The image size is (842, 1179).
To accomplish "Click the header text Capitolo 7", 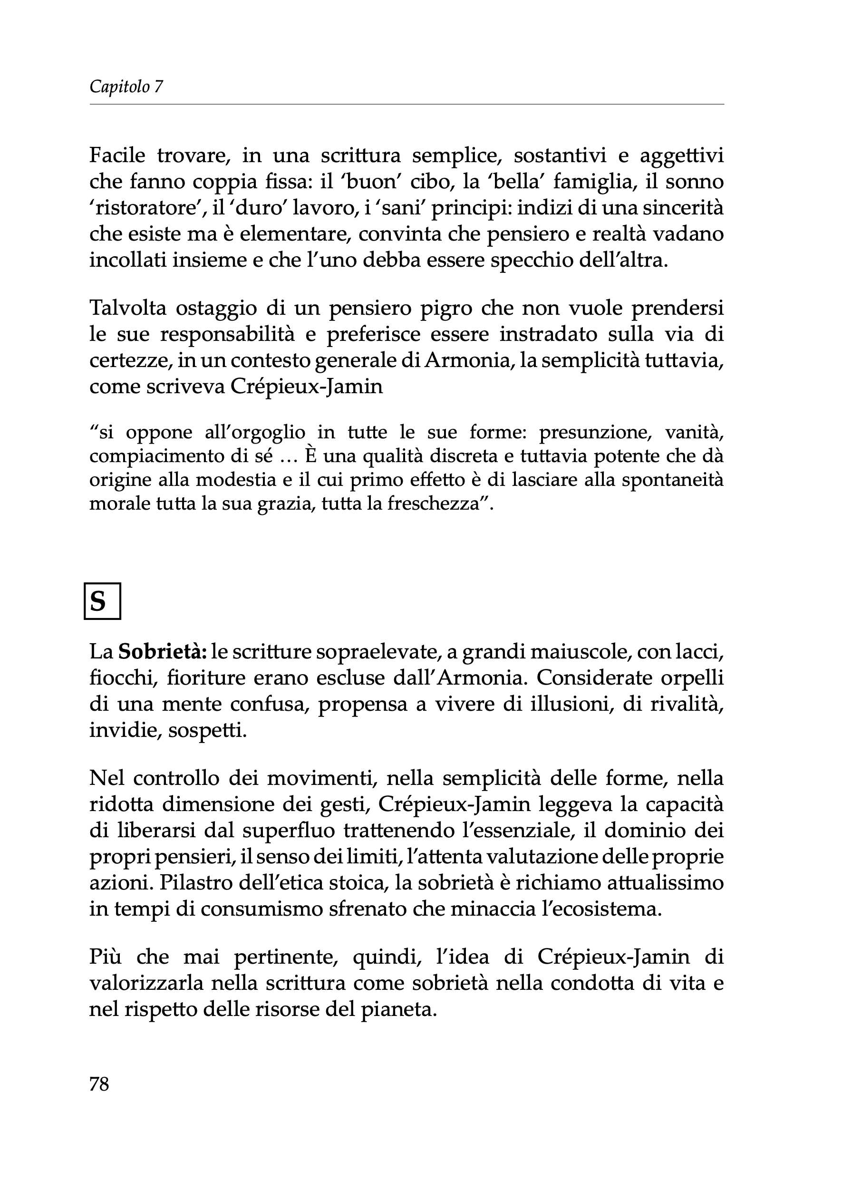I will coord(126,87).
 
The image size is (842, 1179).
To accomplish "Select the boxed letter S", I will coord(102,601).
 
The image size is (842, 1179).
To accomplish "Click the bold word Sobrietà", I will coord(162,652).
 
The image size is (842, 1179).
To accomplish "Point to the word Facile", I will coord(118,155).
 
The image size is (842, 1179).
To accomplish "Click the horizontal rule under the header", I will coord(406,104).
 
